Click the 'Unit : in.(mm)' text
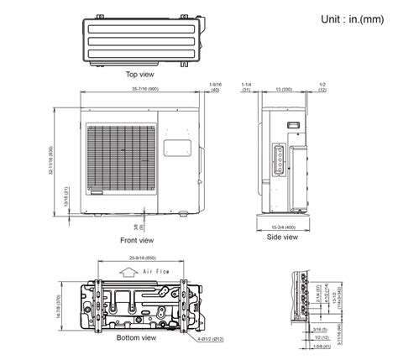click(x=350, y=18)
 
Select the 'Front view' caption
click(x=136, y=240)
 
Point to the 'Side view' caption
click(x=282, y=237)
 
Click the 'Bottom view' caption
click(x=136, y=337)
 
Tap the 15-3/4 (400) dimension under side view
click(x=283, y=227)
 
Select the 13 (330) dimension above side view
click(x=285, y=87)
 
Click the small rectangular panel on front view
click(x=174, y=148)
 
